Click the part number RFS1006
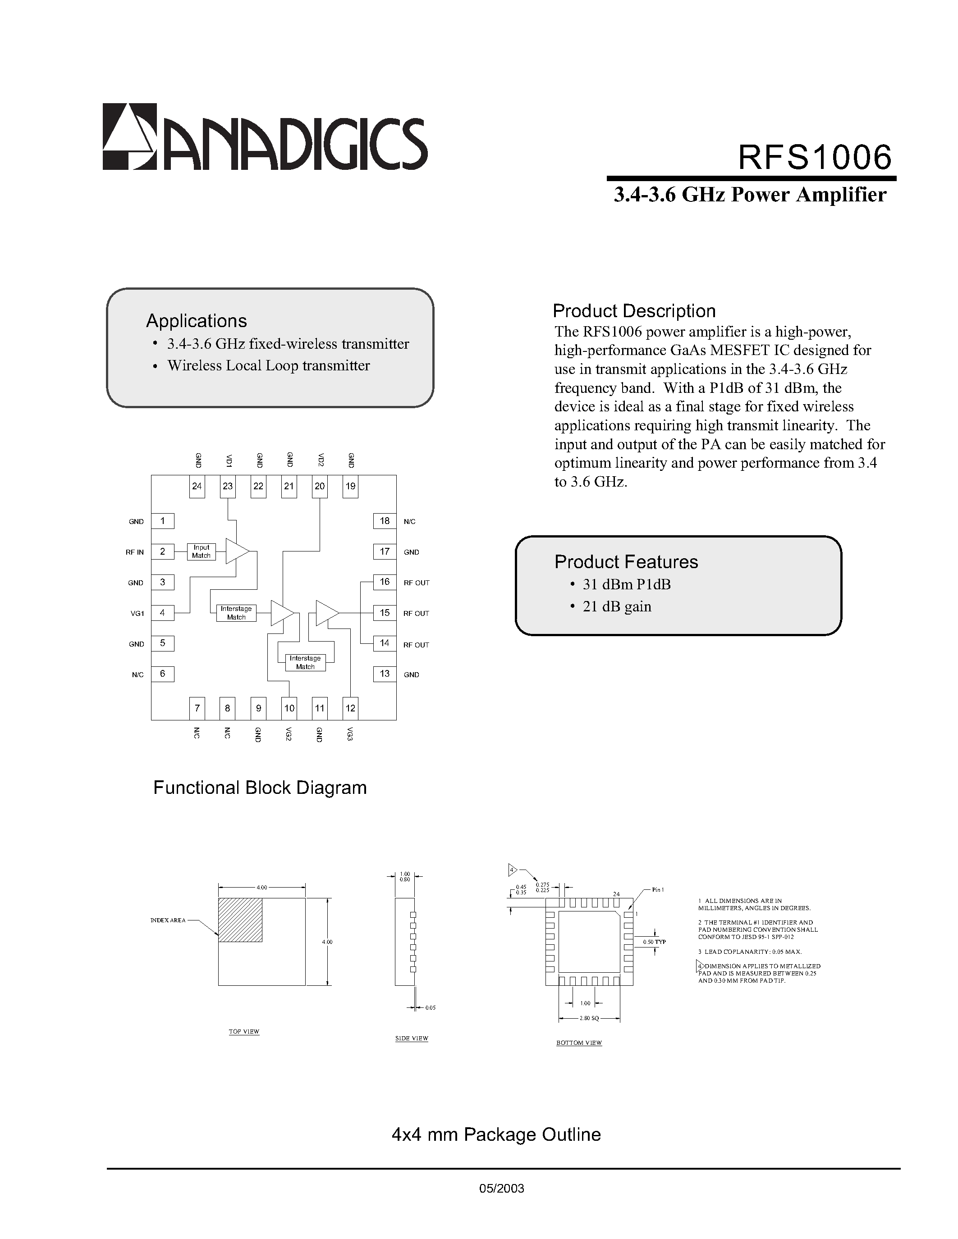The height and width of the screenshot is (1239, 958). [x=815, y=157]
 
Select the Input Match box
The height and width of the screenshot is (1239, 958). [x=201, y=551]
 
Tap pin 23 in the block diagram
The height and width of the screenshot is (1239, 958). [x=228, y=486]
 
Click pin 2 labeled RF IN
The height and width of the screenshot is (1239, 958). [x=163, y=551]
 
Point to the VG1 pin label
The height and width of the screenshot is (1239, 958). [x=138, y=613]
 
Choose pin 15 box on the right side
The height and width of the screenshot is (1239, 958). [x=385, y=613]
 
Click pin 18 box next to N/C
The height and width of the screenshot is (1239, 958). [x=385, y=521]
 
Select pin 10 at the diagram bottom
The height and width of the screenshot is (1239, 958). [x=289, y=708]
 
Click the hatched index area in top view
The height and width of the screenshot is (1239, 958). [x=240, y=920]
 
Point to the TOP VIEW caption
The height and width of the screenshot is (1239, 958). [x=244, y=1031]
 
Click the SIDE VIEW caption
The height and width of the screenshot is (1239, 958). [x=412, y=1038]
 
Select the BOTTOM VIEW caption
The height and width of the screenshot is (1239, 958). [x=579, y=1043]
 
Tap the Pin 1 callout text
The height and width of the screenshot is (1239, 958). [x=658, y=889]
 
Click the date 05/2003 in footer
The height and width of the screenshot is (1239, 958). [x=502, y=1189]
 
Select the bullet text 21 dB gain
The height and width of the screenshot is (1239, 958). [x=617, y=606]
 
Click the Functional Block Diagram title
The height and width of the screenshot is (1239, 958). [x=260, y=788]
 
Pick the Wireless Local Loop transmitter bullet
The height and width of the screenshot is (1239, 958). [x=268, y=366]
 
